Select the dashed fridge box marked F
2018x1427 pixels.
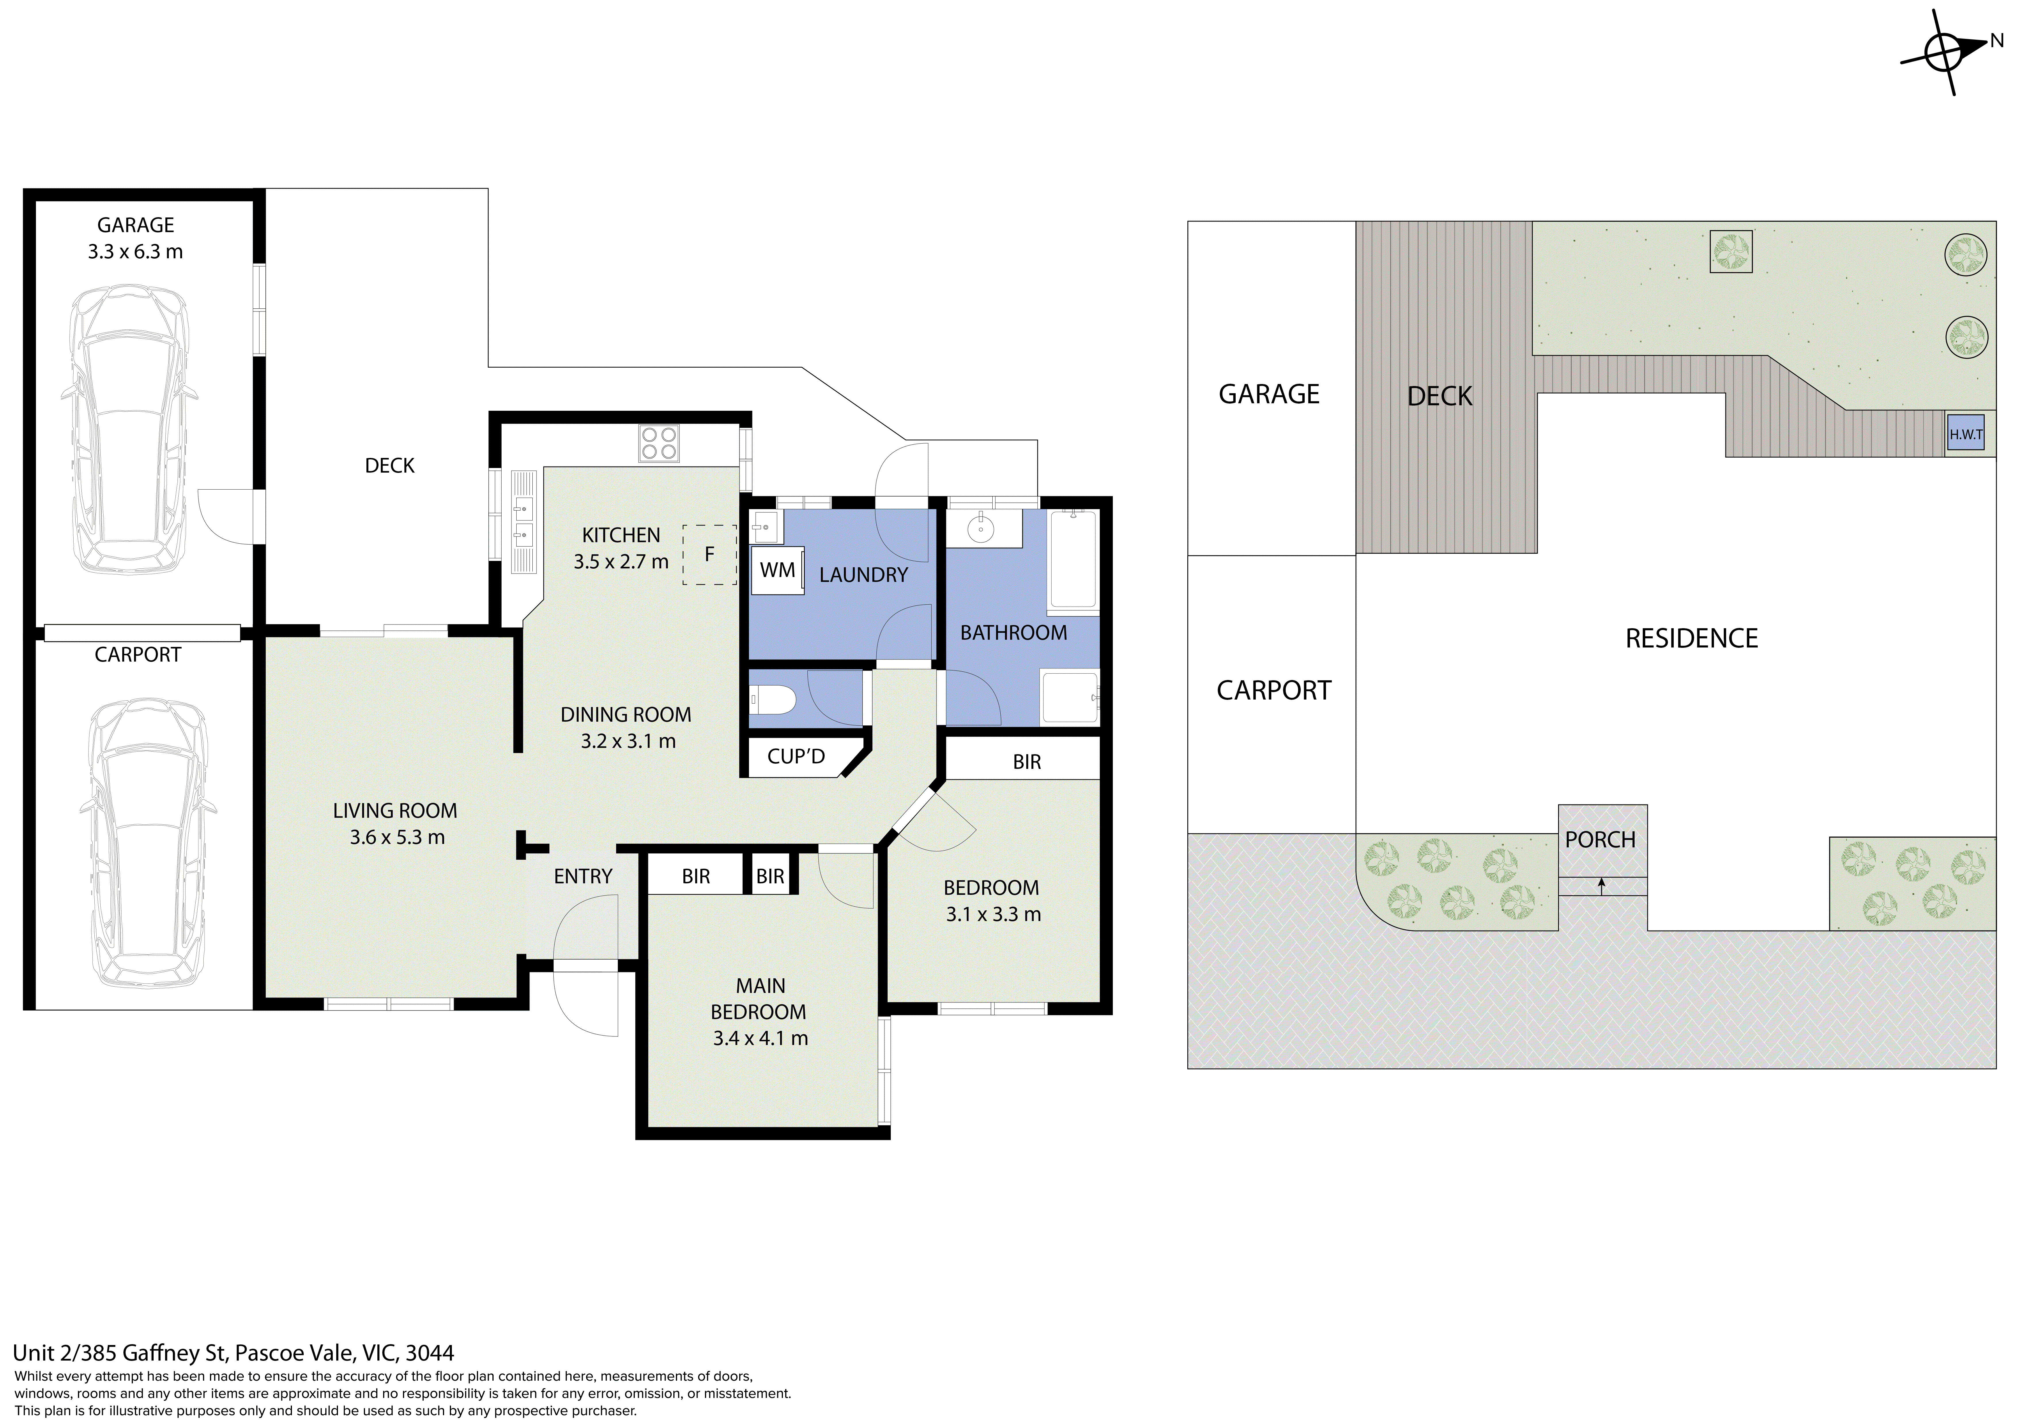(x=709, y=555)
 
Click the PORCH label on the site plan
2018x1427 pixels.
(x=1601, y=840)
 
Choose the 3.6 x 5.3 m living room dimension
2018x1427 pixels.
(x=397, y=837)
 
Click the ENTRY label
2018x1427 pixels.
(x=583, y=877)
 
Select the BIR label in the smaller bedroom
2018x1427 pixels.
(x=1027, y=762)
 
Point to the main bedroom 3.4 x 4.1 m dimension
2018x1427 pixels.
(x=760, y=1038)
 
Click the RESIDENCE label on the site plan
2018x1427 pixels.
(x=1692, y=638)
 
